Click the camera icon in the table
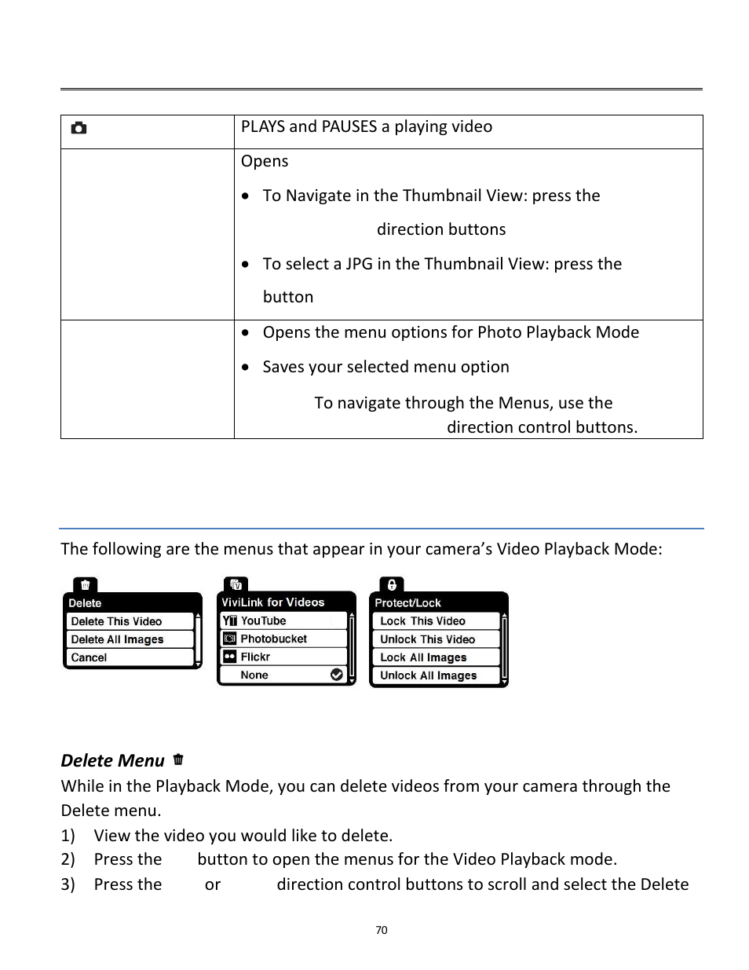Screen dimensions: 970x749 pos(79,128)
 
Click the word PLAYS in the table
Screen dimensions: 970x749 pos(262,127)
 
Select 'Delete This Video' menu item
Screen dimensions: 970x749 pos(116,621)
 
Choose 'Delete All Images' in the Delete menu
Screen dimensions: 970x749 pos(117,639)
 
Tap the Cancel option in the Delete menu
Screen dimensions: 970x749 pos(89,657)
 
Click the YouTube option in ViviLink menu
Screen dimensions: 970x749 pos(263,620)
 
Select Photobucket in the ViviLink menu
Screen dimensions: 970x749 pos(273,639)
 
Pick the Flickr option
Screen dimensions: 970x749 pos(255,657)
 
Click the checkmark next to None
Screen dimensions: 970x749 pos(337,675)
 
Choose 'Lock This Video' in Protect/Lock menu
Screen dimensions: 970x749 pos(422,620)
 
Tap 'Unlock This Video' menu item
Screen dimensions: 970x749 pos(427,639)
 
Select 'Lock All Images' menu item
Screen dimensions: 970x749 pos(423,657)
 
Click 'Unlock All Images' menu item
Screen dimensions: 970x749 pos(428,675)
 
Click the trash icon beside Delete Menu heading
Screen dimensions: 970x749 pos(178,760)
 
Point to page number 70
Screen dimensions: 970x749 pos(382,930)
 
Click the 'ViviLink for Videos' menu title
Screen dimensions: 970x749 pos(272,602)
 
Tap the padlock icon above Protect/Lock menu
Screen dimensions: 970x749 pos(391,585)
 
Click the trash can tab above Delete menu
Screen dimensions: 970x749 pos(85,585)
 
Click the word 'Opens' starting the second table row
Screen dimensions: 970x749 pos(265,161)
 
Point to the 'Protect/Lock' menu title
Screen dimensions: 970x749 pos(407,603)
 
